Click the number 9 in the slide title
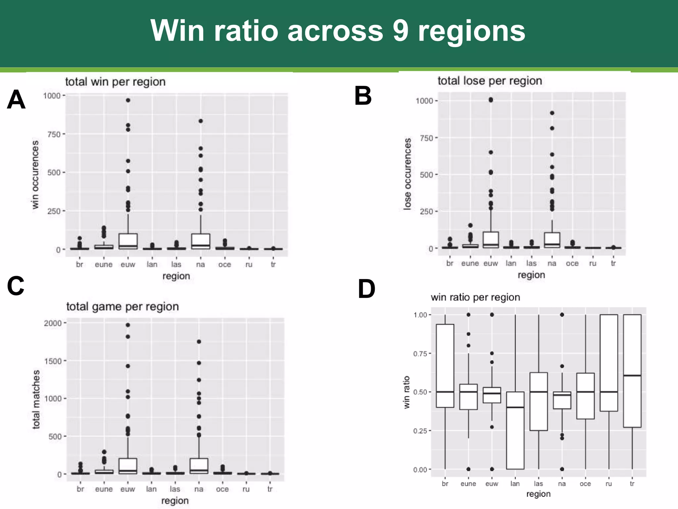(x=401, y=30)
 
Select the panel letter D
(x=366, y=289)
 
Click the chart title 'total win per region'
(x=115, y=82)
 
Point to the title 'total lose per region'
(x=490, y=81)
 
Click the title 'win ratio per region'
(x=475, y=297)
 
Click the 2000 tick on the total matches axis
(x=53, y=323)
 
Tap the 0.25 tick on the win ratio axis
(x=420, y=431)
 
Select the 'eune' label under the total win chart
(x=104, y=264)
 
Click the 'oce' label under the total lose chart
(x=572, y=263)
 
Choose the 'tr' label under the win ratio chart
(x=632, y=484)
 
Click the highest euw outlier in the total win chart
(x=128, y=100)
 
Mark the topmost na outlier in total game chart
(x=199, y=342)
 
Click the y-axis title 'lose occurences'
(x=408, y=174)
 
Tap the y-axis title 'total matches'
(x=36, y=399)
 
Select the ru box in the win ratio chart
(x=609, y=363)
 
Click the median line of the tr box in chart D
(x=632, y=375)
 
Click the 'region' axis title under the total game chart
(x=175, y=501)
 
